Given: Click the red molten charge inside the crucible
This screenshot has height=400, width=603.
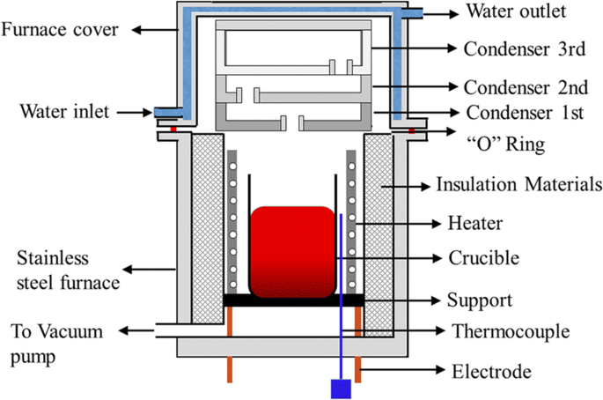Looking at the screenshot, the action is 292,252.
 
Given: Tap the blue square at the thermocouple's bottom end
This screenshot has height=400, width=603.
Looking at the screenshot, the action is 341,389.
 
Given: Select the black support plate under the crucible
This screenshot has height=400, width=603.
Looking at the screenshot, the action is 293,300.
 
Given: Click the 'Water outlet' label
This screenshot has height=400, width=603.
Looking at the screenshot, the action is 516,11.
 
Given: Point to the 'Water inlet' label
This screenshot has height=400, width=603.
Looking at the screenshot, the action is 64,112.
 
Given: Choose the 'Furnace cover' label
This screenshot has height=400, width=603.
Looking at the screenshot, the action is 60,30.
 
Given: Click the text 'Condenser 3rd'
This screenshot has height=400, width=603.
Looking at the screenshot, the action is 525,48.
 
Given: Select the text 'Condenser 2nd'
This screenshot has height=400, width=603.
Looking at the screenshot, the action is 526,87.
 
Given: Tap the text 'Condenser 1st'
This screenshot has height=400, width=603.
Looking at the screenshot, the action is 525,113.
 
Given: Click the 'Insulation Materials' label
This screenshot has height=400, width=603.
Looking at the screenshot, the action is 518,184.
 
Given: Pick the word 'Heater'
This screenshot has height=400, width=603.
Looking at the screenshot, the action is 475,223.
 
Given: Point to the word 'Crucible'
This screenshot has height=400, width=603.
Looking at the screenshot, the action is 484,258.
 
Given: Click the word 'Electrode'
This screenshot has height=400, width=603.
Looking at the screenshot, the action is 491,372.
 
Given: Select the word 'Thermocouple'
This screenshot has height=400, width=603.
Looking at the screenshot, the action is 511,331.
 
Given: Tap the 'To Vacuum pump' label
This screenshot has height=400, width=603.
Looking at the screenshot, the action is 57,344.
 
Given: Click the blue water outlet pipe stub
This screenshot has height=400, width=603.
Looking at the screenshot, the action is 412,14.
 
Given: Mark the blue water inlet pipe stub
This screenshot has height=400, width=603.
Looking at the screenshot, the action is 168,113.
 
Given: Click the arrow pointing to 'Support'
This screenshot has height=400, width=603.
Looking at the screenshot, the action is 402,300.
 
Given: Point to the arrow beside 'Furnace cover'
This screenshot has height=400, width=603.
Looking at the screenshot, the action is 155,30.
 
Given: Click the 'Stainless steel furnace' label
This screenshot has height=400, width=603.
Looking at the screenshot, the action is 68,270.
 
